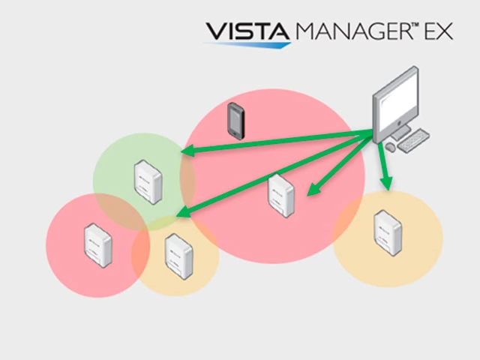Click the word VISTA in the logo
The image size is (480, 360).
[247, 32]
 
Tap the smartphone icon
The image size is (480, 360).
[236, 120]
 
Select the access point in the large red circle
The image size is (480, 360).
[280, 196]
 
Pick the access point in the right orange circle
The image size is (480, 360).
[387, 233]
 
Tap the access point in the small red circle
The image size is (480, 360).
[97, 244]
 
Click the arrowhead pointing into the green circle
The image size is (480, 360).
[187, 152]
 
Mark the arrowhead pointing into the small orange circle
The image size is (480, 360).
[182, 214]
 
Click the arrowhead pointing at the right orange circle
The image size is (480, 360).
[386, 182]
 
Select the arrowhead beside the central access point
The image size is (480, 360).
[313, 190]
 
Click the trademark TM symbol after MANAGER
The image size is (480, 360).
[411, 25]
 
